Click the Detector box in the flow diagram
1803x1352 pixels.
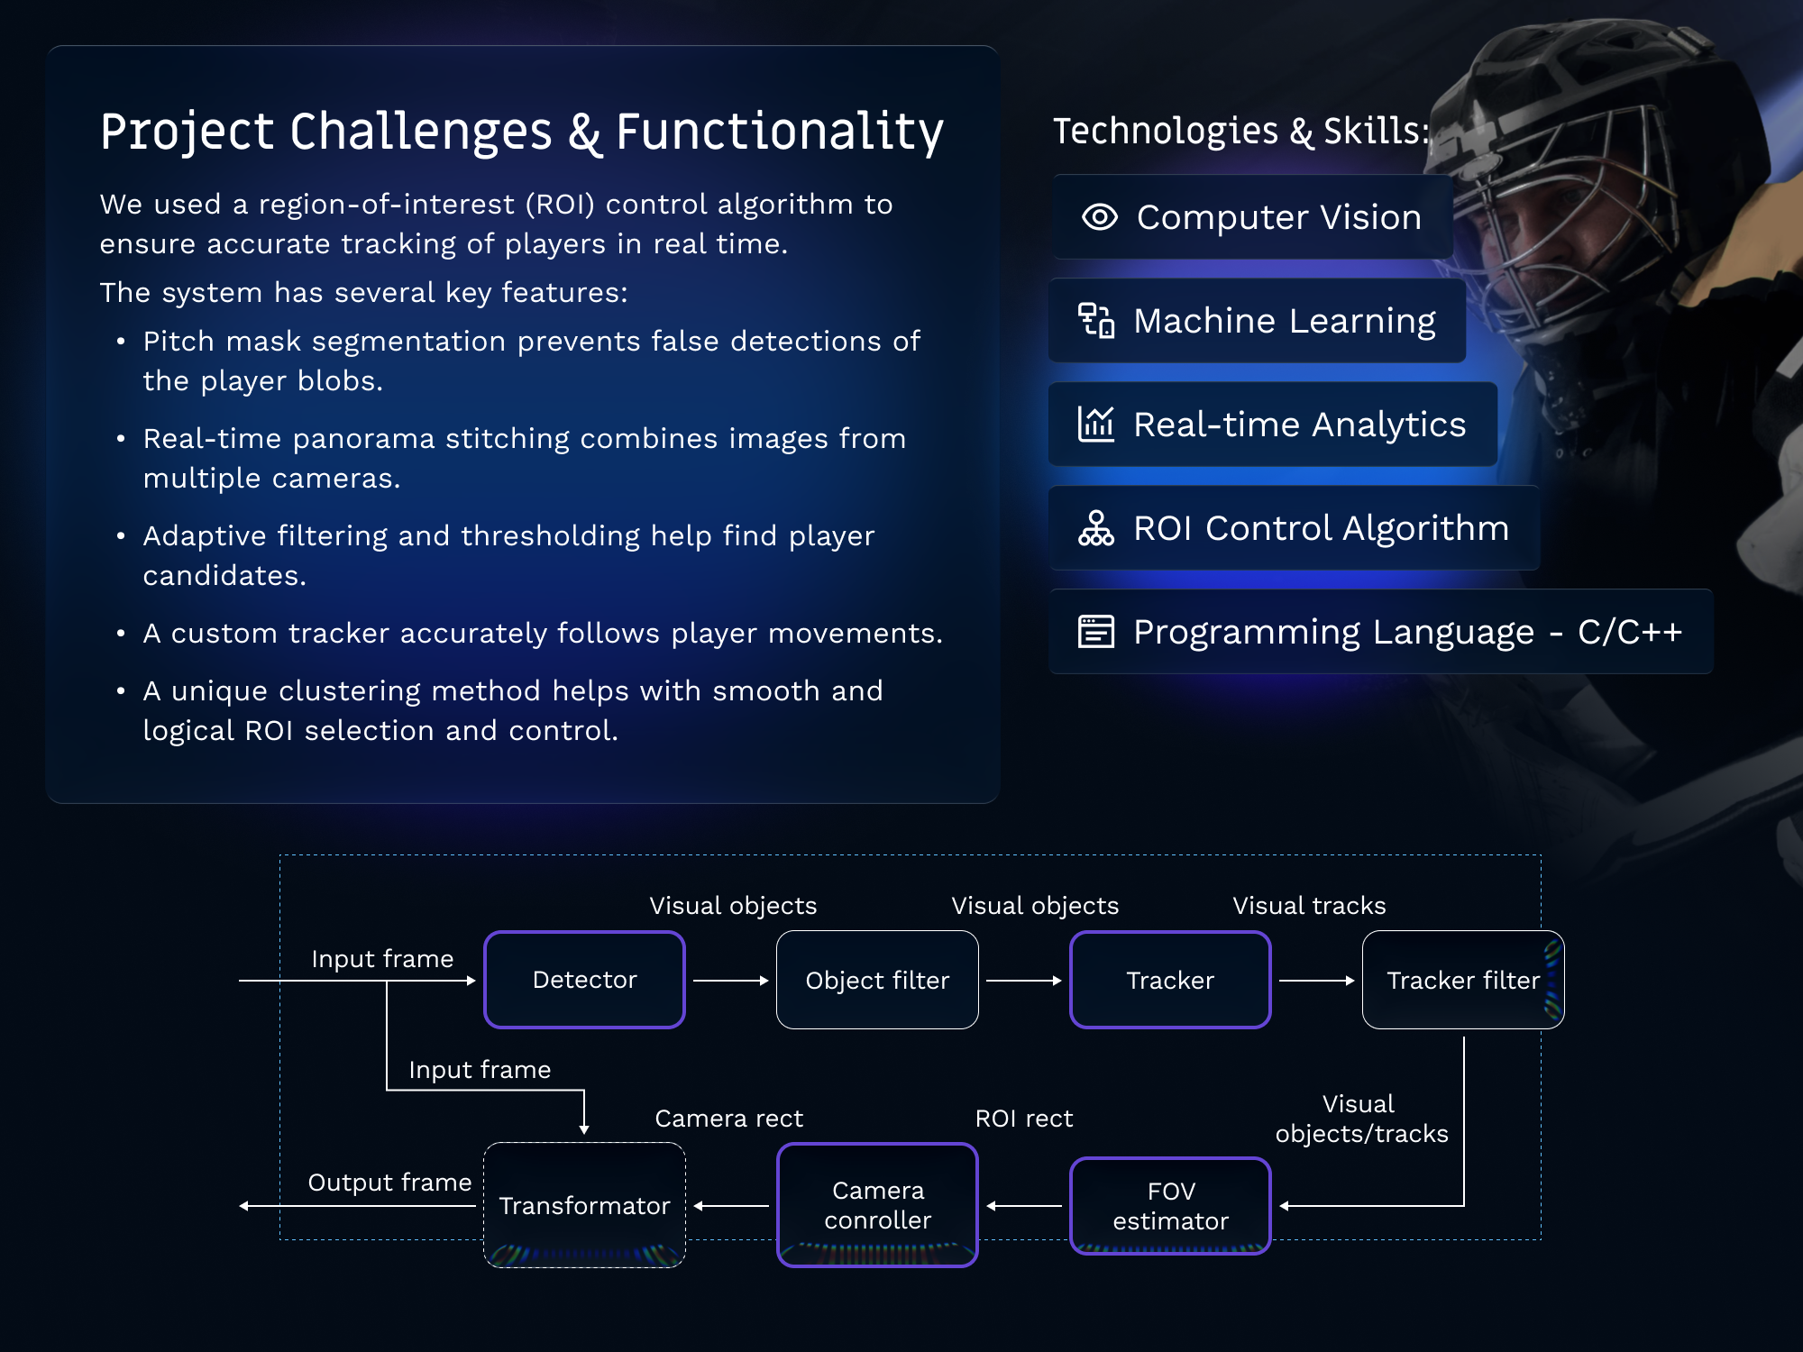584,980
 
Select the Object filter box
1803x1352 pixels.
877,980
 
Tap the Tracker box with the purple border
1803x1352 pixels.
1170,980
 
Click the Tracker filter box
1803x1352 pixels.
1462,980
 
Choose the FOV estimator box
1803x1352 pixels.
1170,1206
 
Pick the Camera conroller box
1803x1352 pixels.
877,1205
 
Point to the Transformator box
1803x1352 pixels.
584,1205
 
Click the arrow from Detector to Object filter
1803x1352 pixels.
730,981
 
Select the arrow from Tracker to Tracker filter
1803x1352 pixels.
1316,981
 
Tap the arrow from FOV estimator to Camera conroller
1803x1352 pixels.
1024,1206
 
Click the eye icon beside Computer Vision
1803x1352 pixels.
1100,217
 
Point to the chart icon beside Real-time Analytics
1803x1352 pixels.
1096,424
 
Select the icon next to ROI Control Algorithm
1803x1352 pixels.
1096,528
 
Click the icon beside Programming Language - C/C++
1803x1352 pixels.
1096,632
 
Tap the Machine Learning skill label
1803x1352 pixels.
1284,321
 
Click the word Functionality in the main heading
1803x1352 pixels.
780,132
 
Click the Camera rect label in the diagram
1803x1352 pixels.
728,1119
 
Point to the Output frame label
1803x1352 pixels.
389,1183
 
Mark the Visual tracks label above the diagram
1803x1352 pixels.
1309,906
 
